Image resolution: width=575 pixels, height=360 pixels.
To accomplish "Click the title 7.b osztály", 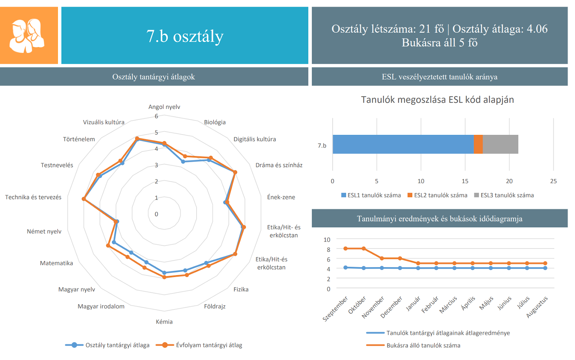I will coord(185,36).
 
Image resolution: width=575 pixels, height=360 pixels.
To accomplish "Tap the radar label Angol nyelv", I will coord(164,107).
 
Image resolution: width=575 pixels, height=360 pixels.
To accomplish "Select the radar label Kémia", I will coord(164,322).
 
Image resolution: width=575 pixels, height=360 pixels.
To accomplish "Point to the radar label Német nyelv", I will coord(44,231).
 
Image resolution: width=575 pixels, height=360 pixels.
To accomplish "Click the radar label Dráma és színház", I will coord(279,165).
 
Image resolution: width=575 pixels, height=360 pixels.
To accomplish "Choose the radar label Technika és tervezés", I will coord(33,197).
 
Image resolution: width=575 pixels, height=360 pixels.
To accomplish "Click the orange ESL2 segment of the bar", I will coord(478,144).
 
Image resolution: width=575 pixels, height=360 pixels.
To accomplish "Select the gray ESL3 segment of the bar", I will coord(500,144).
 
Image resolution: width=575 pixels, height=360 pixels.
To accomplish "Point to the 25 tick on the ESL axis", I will coord(553,181).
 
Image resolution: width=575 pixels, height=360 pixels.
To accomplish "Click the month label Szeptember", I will coord(336,309).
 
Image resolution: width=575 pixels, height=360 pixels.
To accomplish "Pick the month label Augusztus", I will coord(537,307).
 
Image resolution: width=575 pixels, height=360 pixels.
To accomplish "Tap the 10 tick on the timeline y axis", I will coord(327,240).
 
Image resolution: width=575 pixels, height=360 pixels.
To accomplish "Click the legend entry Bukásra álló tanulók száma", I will coord(423,345).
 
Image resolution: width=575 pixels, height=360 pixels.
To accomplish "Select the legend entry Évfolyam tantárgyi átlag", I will coord(209,345).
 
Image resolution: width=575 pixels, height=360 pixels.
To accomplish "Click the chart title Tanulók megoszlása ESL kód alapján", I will coord(437,100).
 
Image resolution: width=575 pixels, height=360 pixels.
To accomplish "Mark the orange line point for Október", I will coord(364,249).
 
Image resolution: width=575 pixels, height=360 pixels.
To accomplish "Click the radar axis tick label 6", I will coord(156,116).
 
